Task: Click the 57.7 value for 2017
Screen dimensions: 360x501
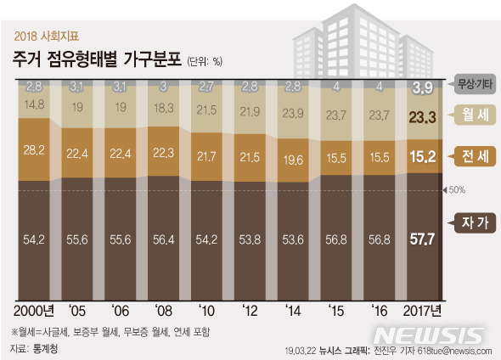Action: [423, 239]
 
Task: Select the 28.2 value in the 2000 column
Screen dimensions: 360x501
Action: [35, 149]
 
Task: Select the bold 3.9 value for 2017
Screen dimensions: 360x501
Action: [423, 87]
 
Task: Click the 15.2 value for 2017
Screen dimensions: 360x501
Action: [423, 155]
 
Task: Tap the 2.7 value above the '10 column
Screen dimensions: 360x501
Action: [205, 87]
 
